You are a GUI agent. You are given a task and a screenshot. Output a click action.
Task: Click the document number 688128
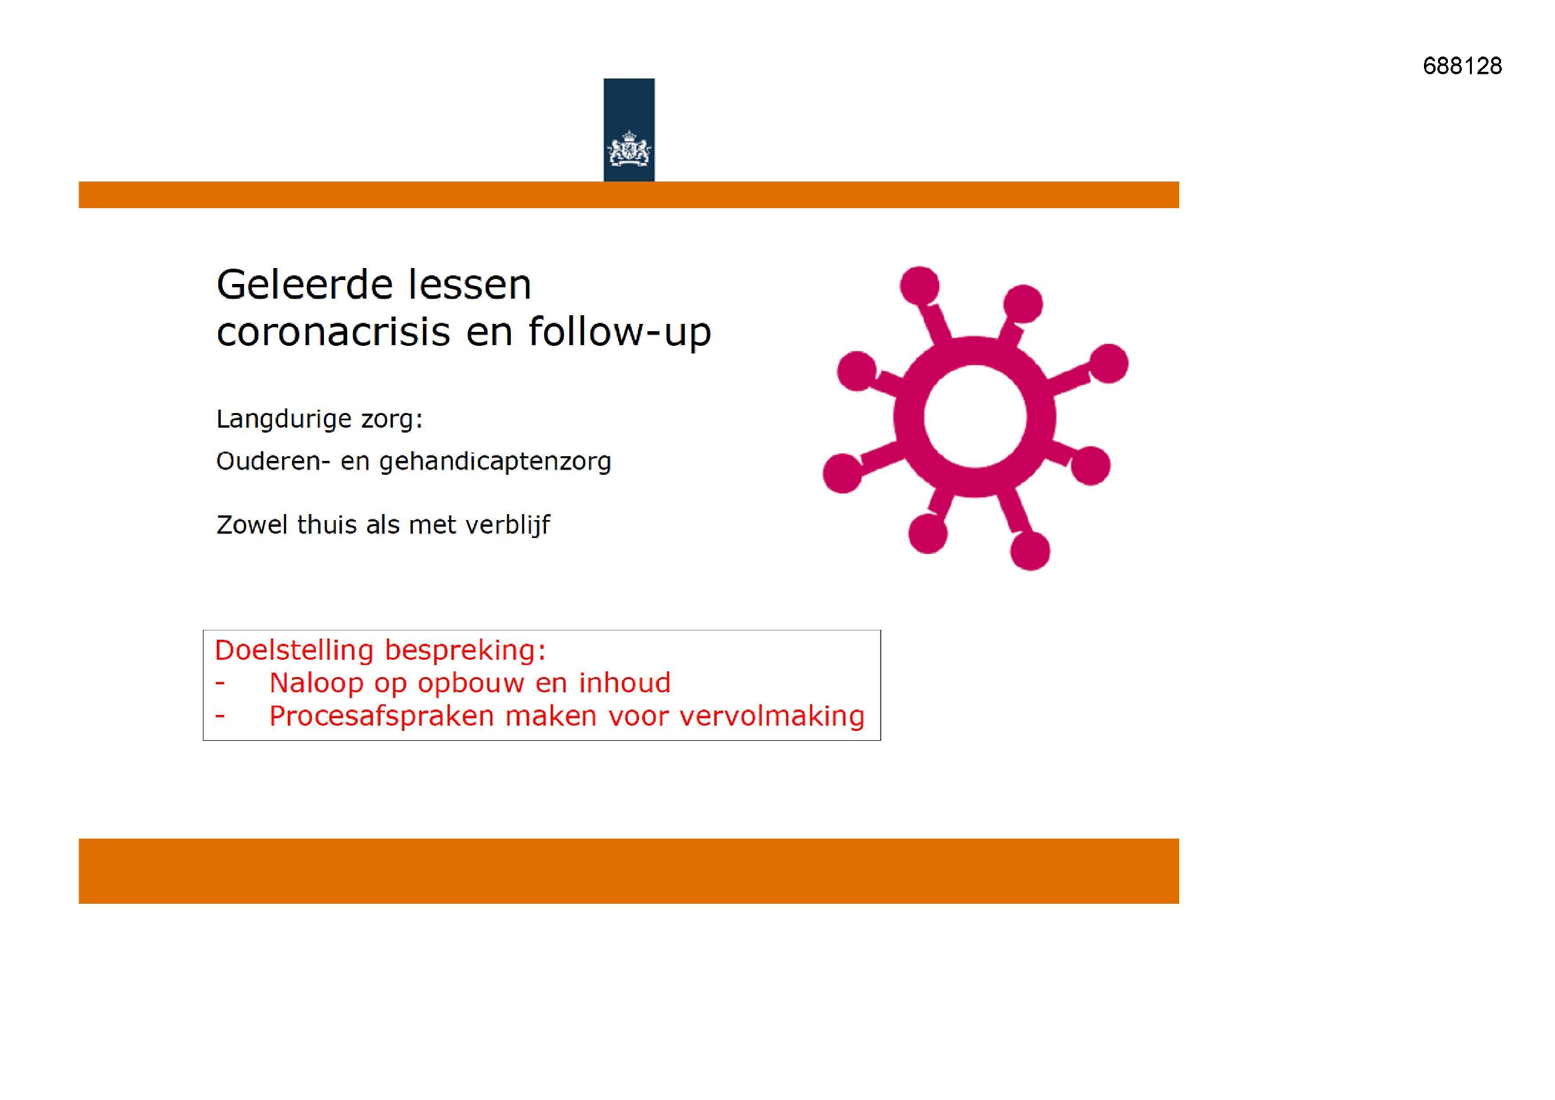tap(1462, 66)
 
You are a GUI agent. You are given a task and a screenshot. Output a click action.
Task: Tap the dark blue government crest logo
tap(629, 130)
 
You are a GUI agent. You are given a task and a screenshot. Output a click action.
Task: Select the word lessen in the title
tap(460, 285)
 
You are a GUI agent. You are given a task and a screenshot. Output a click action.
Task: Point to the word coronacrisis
tap(333, 332)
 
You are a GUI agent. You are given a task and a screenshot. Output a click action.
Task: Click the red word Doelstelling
tap(294, 650)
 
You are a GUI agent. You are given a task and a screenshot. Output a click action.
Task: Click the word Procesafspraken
tap(381, 716)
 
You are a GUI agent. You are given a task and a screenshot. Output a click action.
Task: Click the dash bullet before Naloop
tap(219, 684)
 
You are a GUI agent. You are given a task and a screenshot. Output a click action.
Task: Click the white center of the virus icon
tap(974, 417)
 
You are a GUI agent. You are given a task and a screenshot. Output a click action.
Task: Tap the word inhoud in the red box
tap(625, 683)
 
